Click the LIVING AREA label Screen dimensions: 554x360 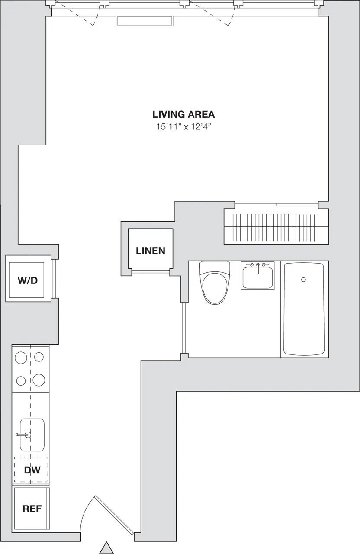point(183,114)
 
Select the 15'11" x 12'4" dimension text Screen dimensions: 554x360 point(183,127)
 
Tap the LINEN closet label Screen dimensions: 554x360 point(150,251)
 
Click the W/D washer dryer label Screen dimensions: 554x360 point(27,280)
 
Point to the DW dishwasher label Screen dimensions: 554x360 point(32,470)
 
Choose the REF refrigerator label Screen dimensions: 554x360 point(32,509)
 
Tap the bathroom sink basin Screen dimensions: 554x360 point(257,277)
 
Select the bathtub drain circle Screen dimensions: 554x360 point(303,280)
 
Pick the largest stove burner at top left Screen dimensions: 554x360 point(21,358)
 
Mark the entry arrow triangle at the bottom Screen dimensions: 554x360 point(106,548)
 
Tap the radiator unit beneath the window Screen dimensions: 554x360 point(145,21)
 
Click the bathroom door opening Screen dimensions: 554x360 point(185,328)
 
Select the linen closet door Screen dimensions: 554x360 point(150,271)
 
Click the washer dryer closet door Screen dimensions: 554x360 point(55,279)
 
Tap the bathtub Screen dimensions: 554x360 point(303,309)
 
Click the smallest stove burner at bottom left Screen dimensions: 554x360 point(21,381)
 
